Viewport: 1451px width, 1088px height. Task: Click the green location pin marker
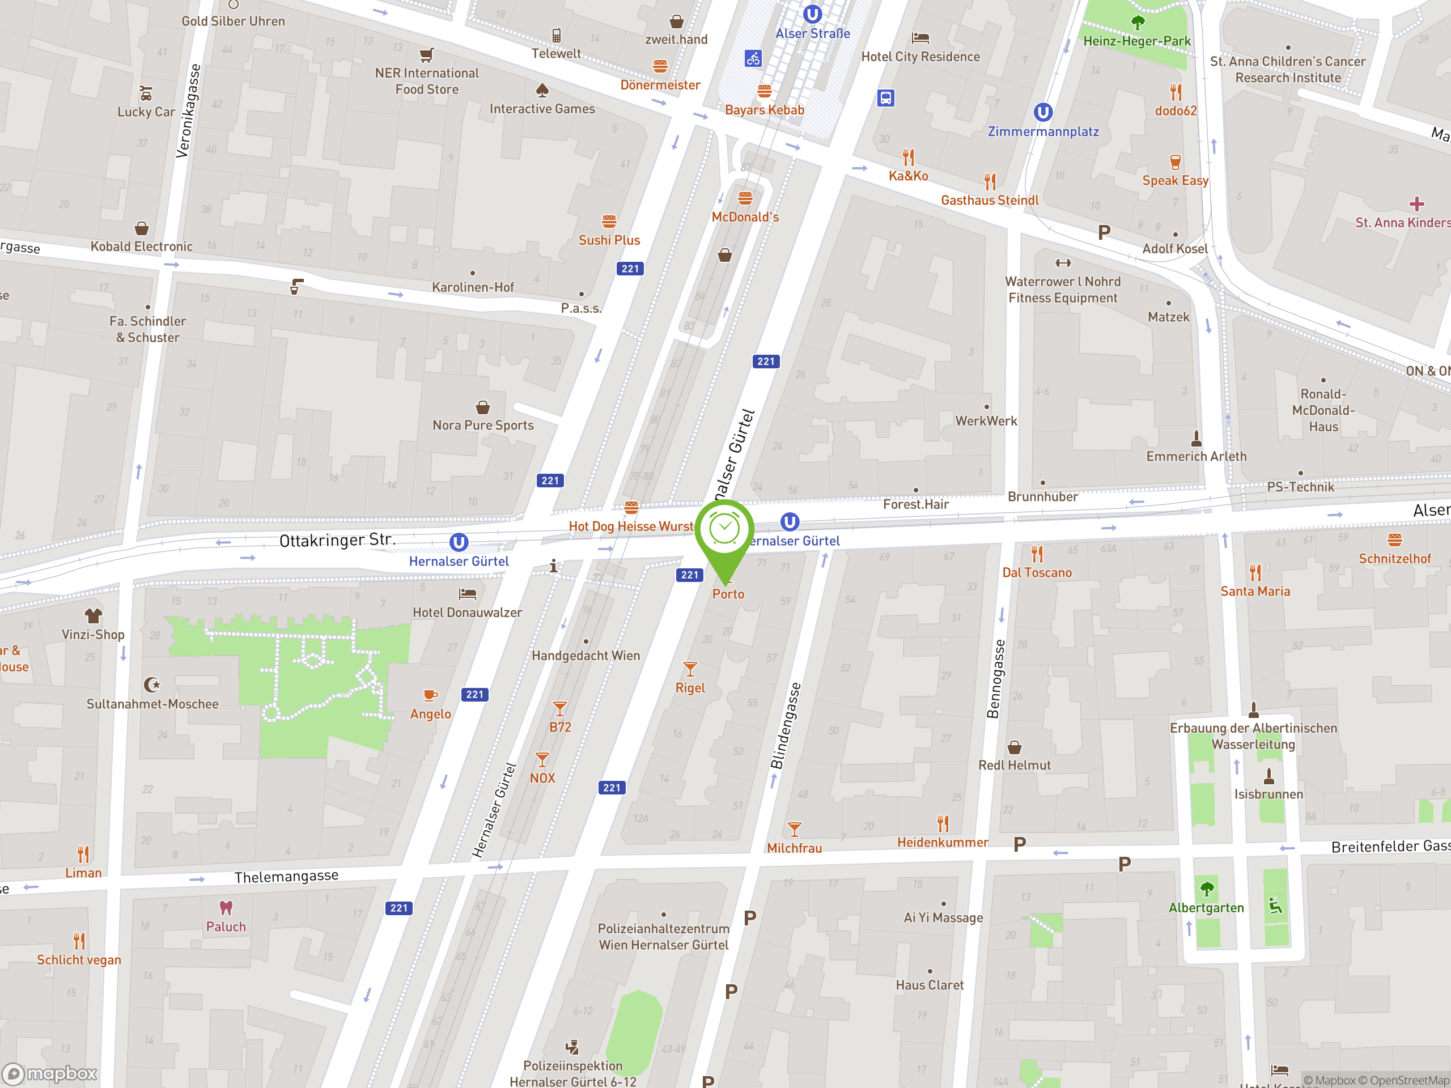pos(724,531)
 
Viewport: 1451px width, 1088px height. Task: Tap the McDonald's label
pos(745,217)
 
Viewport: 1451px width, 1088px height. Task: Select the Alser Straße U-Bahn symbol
pos(812,14)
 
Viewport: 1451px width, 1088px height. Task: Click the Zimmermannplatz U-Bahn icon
pos(1043,112)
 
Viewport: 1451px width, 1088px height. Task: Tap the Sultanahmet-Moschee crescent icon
pos(152,685)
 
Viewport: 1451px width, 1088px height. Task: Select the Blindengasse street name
pos(785,726)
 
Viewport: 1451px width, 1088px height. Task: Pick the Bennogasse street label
pos(995,679)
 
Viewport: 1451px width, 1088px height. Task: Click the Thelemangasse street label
pos(287,877)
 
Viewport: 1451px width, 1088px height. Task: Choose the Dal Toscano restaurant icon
pos(1037,554)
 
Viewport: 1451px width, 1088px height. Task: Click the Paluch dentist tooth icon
pos(226,908)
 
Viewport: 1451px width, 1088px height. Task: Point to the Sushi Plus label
pos(609,240)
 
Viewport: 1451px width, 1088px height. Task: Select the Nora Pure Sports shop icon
pos(483,407)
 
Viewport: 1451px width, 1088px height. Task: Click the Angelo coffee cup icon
pos(430,695)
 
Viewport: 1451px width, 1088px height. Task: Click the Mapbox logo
pos(50,1074)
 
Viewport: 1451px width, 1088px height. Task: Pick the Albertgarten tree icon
pos(1206,889)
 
